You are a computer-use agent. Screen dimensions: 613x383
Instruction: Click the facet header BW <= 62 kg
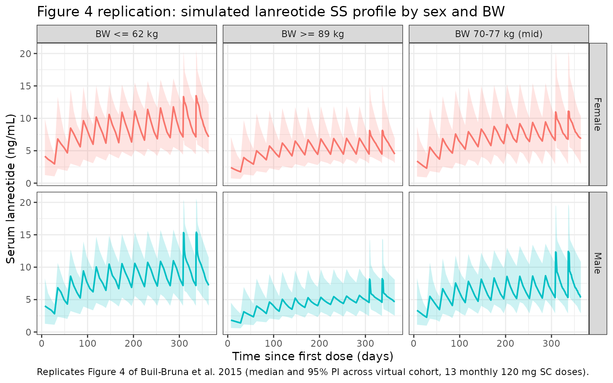[x=127, y=34]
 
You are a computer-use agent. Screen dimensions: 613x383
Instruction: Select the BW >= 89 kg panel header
[x=313, y=34]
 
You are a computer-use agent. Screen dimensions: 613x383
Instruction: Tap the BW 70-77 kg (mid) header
[x=498, y=34]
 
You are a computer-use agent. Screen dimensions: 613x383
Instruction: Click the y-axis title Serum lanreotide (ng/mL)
[x=11, y=189]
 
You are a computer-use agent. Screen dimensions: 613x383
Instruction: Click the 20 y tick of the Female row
[x=26, y=53]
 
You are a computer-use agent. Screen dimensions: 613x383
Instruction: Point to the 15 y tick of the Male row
[x=26, y=235]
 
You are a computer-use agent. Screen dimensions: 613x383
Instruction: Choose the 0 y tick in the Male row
[x=28, y=332]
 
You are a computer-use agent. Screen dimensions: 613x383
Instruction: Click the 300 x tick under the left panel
[x=179, y=344]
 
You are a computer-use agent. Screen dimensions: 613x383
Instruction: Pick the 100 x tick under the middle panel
[x=273, y=344]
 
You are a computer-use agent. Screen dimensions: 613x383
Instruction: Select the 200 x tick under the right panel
[x=506, y=344]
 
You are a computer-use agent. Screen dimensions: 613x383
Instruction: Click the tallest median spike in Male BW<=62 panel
[x=196, y=232]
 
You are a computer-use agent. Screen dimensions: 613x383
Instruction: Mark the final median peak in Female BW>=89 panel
[x=383, y=130]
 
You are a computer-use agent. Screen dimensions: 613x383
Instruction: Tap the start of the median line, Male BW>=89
[x=231, y=320]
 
